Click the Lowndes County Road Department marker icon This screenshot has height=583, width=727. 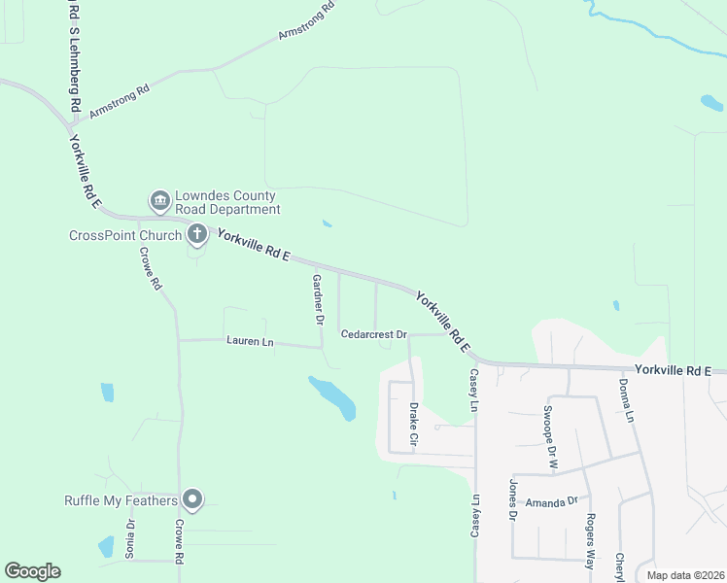159,201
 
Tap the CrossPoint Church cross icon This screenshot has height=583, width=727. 196,233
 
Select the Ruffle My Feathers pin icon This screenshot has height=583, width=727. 192,500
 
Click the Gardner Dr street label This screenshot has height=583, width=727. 317,297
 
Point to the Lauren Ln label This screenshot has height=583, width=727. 251,341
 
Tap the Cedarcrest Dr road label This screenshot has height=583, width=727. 373,333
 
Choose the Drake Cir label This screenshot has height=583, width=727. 413,426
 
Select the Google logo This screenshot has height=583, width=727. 32,571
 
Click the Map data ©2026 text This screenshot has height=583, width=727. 686,575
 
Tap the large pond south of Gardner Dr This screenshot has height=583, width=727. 333,397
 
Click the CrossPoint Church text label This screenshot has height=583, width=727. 125,235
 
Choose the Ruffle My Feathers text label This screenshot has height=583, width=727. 121,501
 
